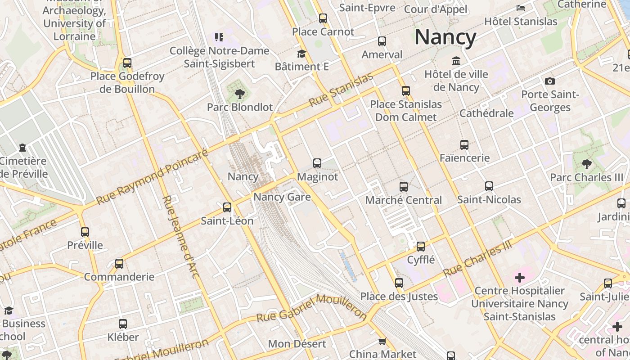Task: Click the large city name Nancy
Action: pyautogui.click(x=445, y=37)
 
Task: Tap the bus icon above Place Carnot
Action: pyautogui.click(x=323, y=18)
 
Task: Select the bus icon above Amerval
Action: pyautogui.click(x=382, y=41)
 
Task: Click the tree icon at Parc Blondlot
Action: pyautogui.click(x=240, y=94)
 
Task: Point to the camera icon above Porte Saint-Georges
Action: pyautogui.click(x=549, y=81)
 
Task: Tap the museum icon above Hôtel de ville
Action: pyautogui.click(x=456, y=61)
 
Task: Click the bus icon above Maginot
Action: pyautogui.click(x=317, y=163)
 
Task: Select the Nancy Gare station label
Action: pyautogui.click(x=282, y=197)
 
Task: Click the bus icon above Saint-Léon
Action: pyautogui.click(x=227, y=207)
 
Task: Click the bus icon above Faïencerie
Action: pyautogui.click(x=464, y=145)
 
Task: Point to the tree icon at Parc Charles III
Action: pyautogui.click(x=586, y=164)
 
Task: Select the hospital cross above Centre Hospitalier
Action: pyautogui.click(x=520, y=277)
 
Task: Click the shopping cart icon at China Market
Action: pyautogui.click(x=382, y=342)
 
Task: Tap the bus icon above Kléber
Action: pyautogui.click(x=123, y=324)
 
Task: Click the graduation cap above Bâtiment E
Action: pyautogui.click(x=301, y=54)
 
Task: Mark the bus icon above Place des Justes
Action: pyautogui.click(x=399, y=283)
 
